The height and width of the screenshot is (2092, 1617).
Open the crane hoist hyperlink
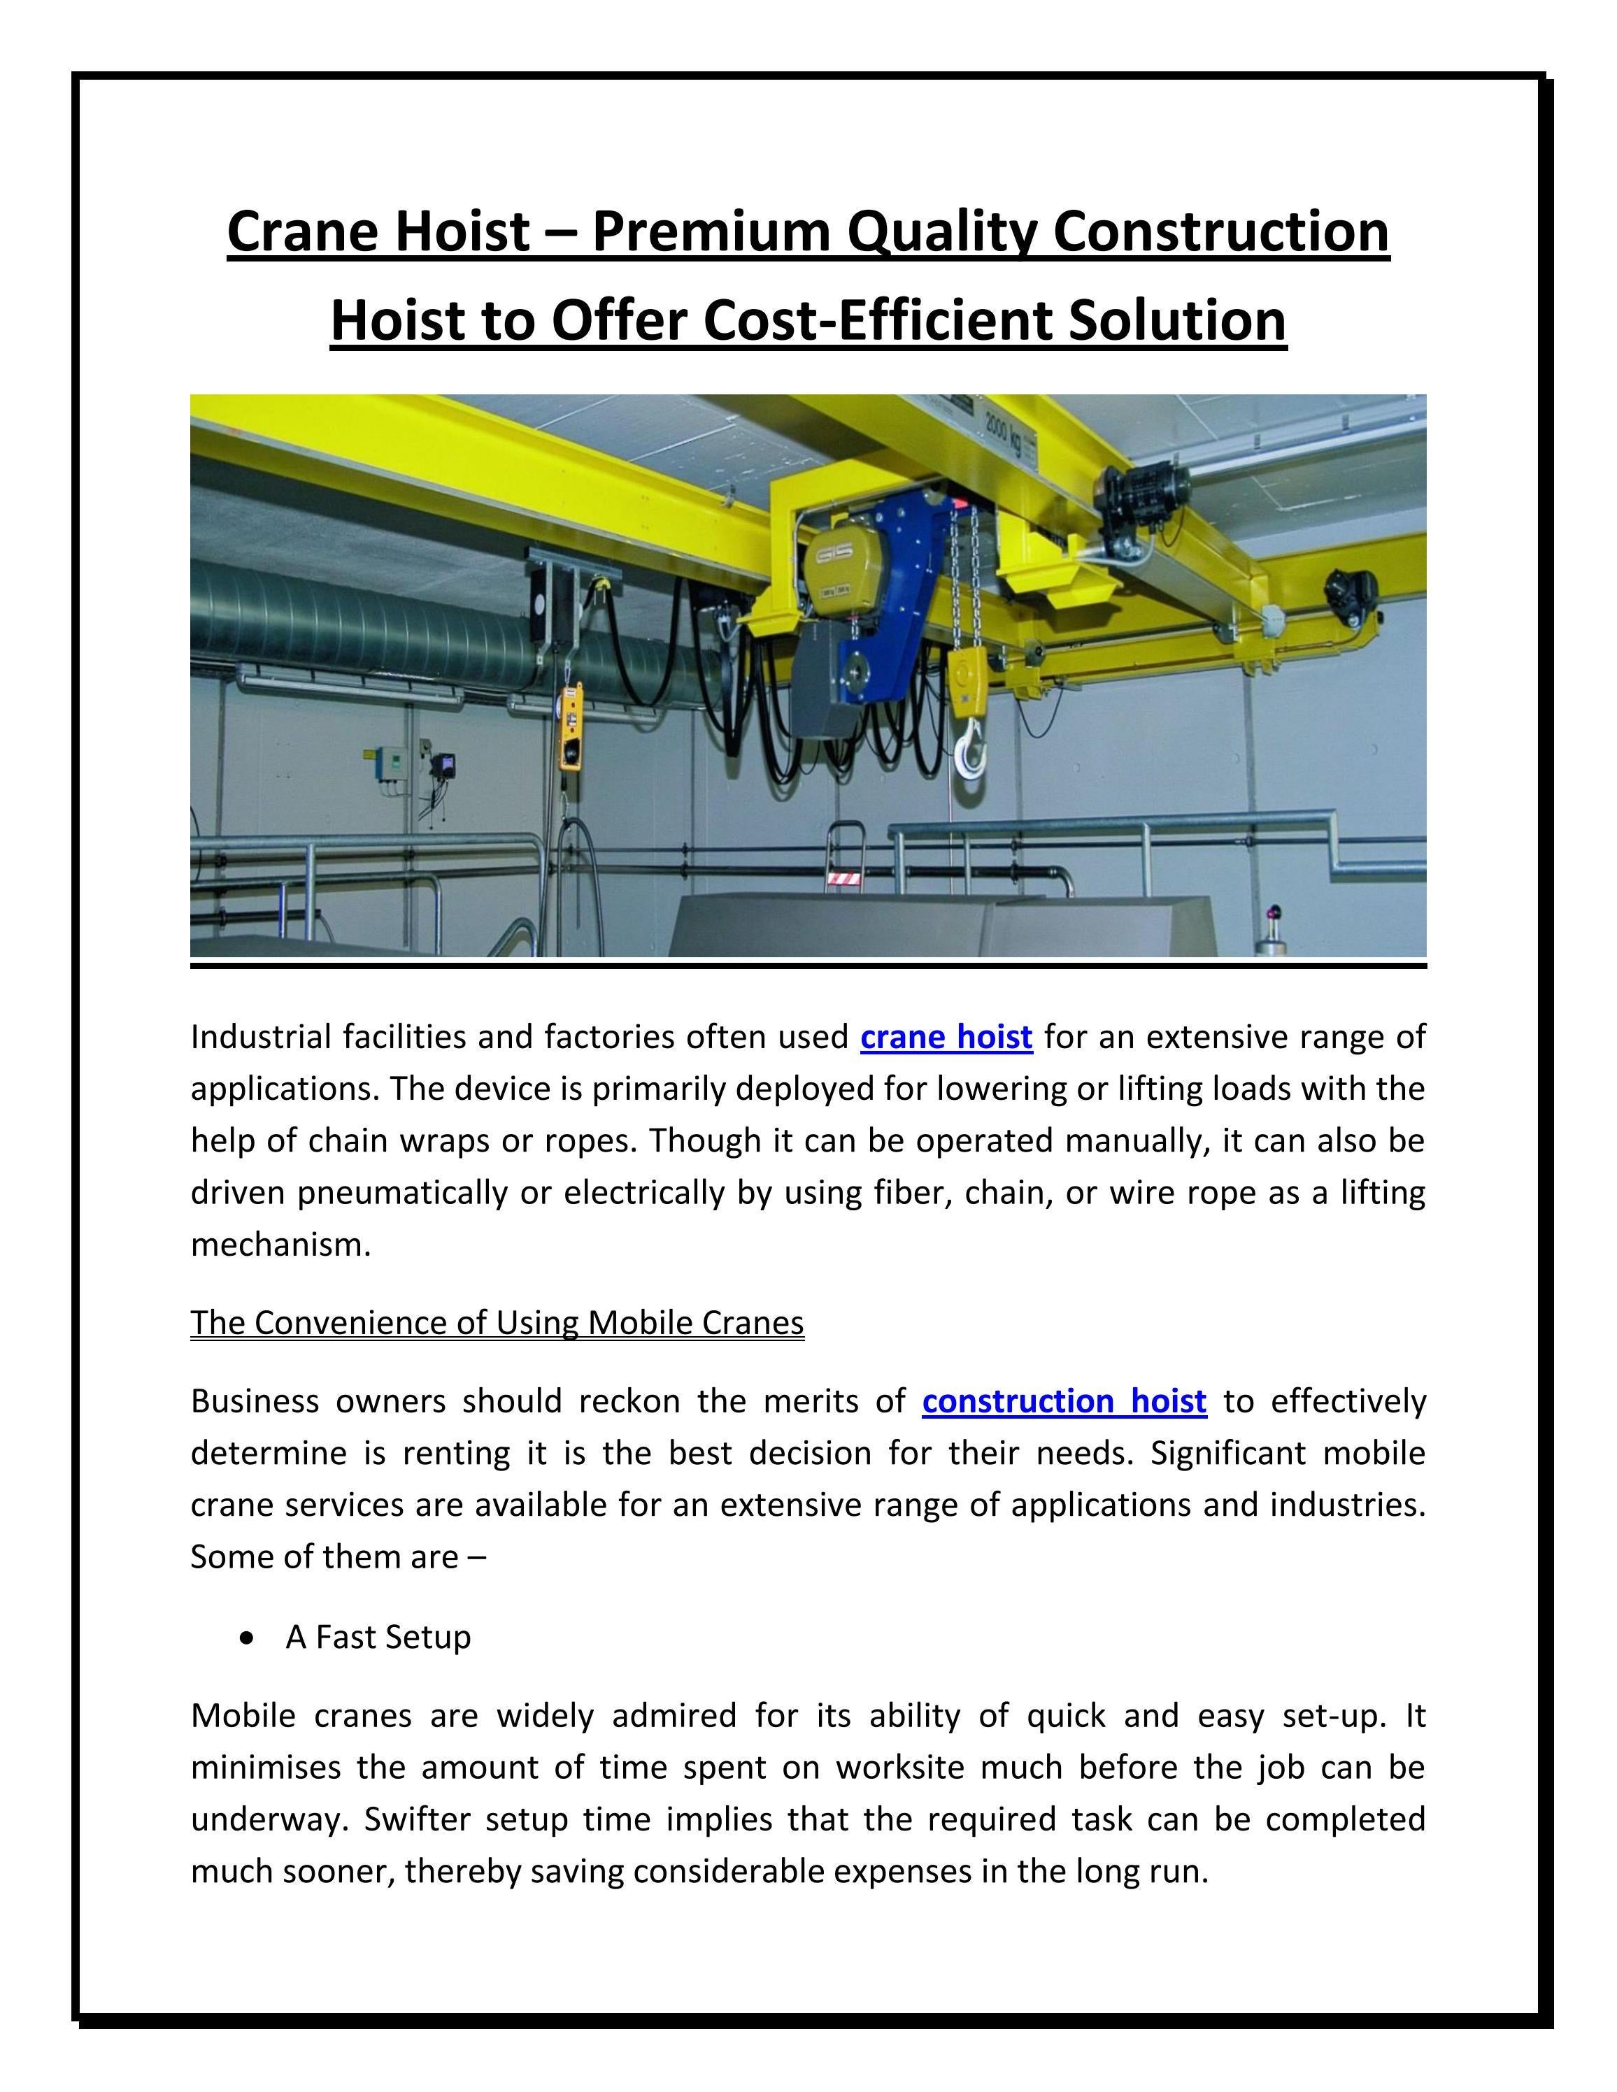tap(946, 1036)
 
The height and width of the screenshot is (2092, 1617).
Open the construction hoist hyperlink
tap(1063, 1400)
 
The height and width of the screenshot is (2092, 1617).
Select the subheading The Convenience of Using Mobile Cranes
tap(497, 1322)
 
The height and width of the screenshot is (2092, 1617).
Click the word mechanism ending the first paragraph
tap(280, 1245)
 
